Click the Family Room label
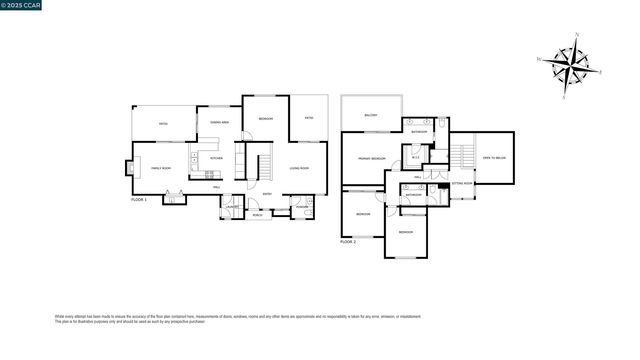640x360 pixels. pos(161,168)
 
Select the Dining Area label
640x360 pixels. pos(219,122)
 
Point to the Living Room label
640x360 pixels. pos(299,168)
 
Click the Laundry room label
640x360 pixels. pos(232,207)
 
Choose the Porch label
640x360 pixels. pos(258,212)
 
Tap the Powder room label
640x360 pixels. pos(301,208)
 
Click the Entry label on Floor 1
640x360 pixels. pos(267,193)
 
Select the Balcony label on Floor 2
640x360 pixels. pos(371,115)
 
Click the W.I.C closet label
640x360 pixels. pos(415,157)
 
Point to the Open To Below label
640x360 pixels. pos(493,157)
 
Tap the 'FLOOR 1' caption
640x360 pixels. pos(139,200)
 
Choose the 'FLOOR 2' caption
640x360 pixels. pos(348,242)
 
